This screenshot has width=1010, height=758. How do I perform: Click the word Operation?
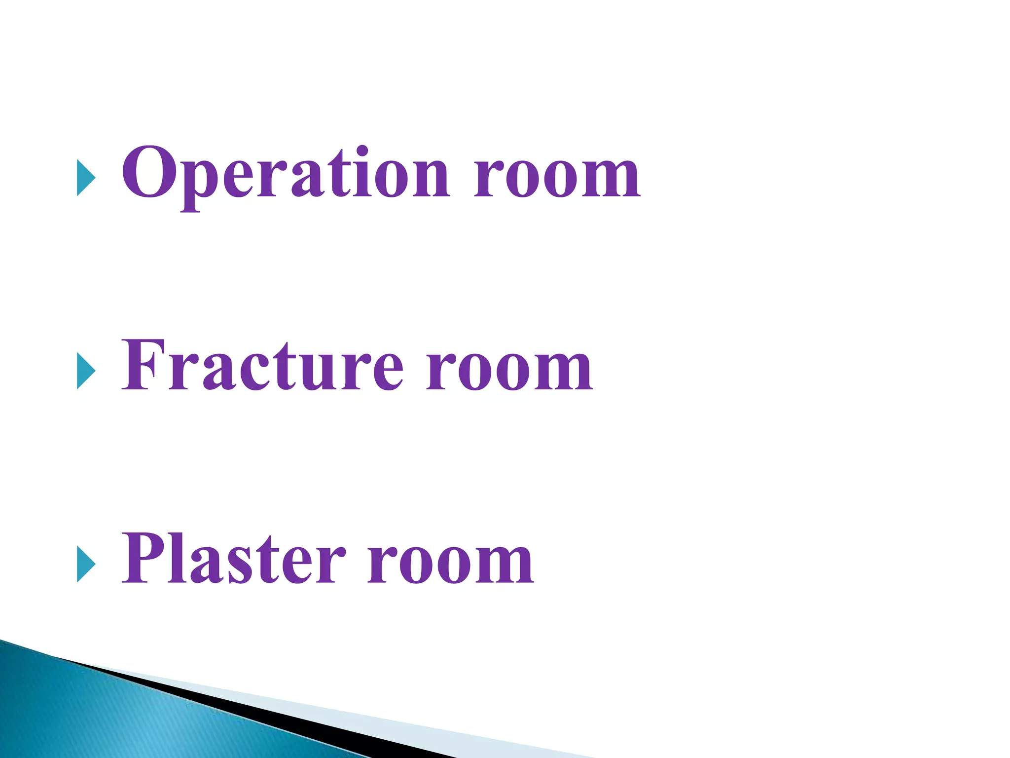tap(286, 174)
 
